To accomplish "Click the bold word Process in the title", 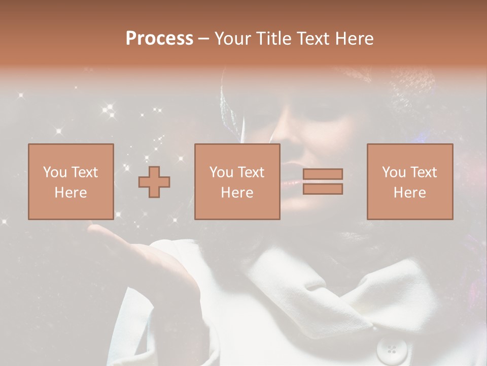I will [159, 39].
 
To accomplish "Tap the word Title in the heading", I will [272, 39].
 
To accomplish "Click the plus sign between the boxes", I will [154, 182].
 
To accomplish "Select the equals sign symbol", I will [323, 181].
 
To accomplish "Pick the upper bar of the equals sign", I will [323, 174].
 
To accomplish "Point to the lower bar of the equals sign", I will [323, 189].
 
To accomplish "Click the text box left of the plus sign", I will [71, 181].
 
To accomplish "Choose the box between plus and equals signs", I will [237, 181].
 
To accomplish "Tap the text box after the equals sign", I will [409, 181].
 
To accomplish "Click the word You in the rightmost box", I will [393, 172].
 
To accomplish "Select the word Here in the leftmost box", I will [71, 193].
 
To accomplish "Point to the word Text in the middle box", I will [251, 172].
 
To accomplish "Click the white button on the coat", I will [392, 349].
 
